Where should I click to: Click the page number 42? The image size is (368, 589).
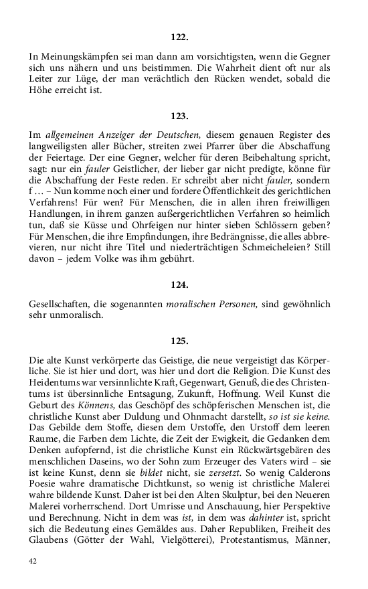33,560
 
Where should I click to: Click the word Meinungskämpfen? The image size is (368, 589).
74,58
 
